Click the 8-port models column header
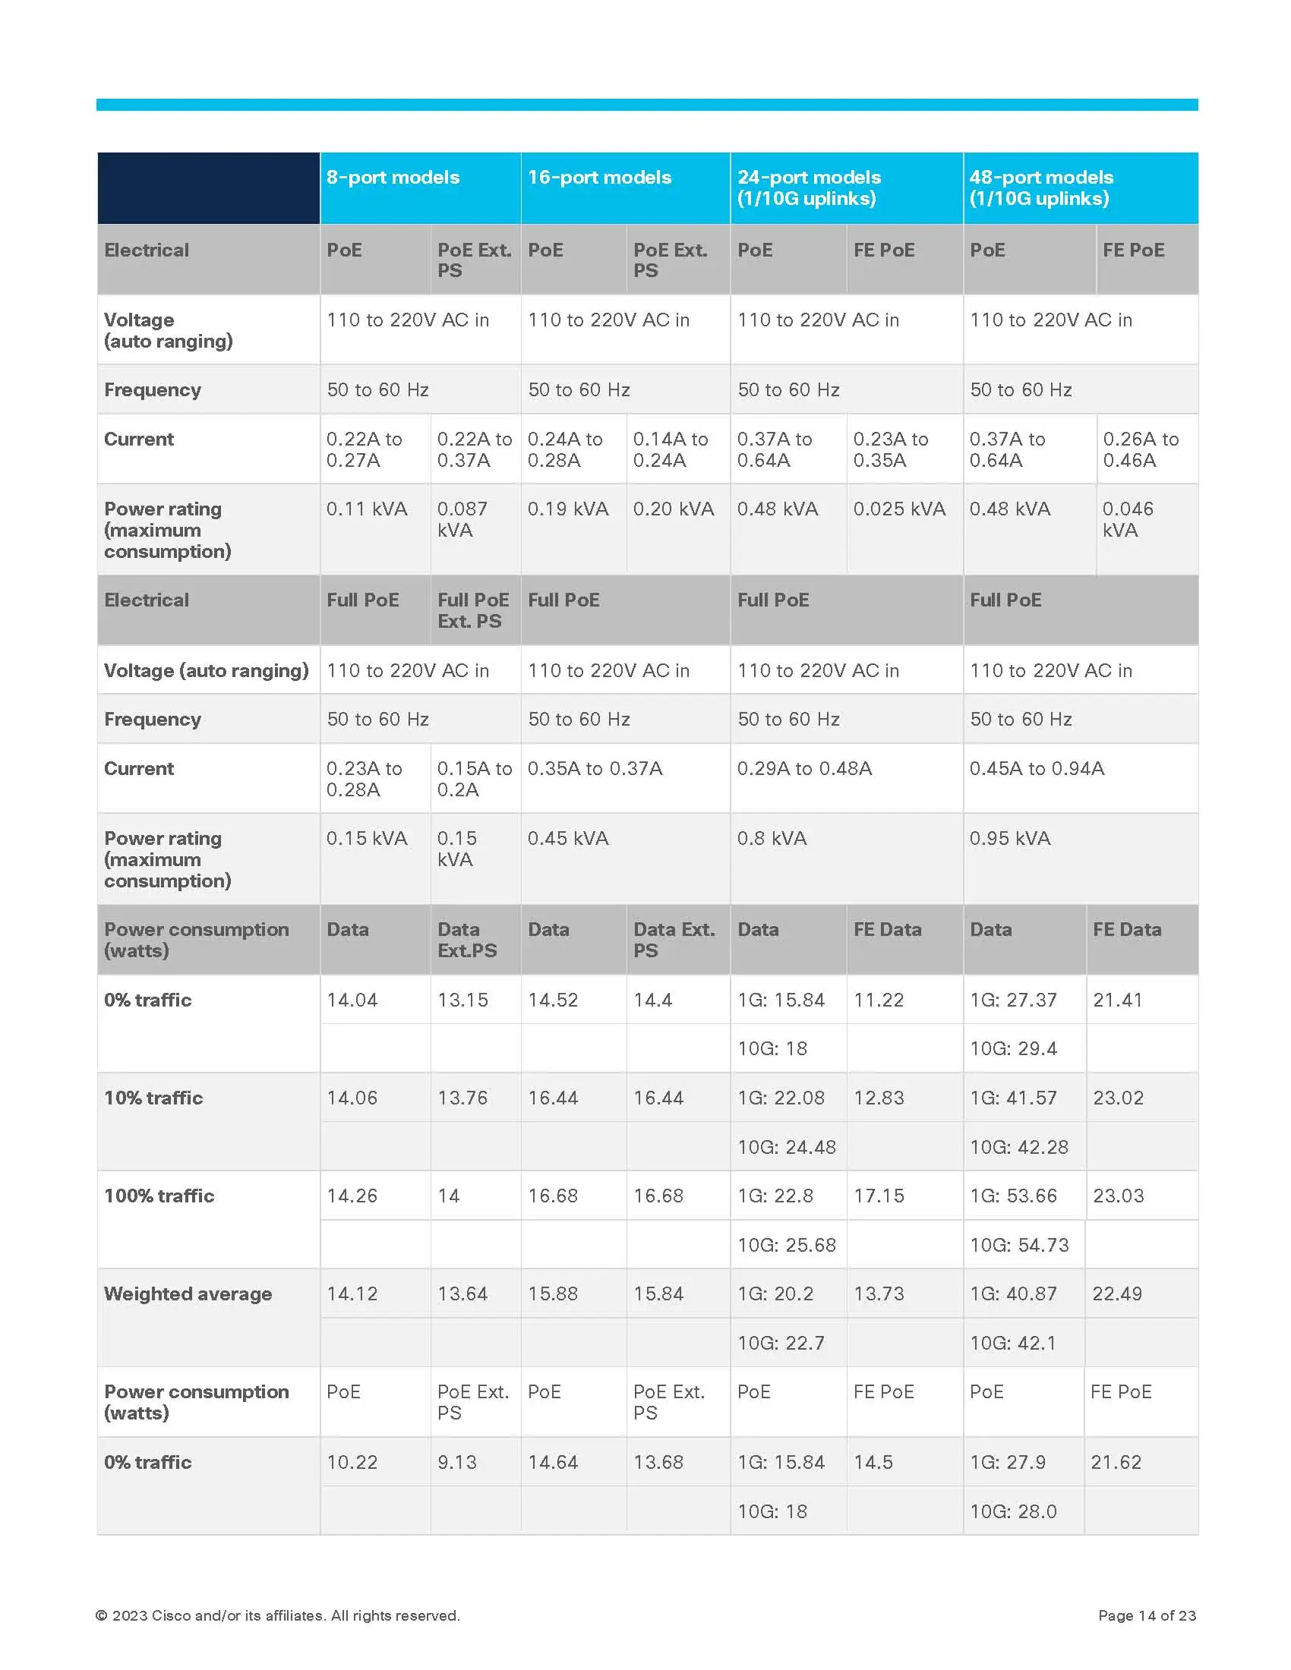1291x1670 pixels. click(x=393, y=178)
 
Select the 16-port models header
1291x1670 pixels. click(x=599, y=178)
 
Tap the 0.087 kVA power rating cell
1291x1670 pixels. click(x=462, y=519)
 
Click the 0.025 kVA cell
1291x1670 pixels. click(x=898, y=509)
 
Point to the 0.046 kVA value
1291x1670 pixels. click(x=1127, y=519)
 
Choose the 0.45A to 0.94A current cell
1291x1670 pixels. click(x=1037, y=768)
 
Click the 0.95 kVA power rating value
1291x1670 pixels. click(x=1009, y=838)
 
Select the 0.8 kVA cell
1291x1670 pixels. click(x=772, y=838)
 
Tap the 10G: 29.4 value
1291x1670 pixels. click(x=1012, y=1048)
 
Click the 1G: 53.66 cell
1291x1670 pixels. click(x=1012, y=1195)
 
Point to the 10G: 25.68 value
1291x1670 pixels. click(x=786, y=1245)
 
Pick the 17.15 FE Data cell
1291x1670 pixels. click(x=878, y=1195)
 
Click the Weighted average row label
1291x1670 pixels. click(x=188, y=1293)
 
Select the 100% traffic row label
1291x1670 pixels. click(x=159, y=1195)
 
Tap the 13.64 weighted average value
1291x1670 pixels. click(x=462, y=1293)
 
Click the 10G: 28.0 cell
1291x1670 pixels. click(x=1012, y=1511)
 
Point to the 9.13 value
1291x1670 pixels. click(x=456, y=1462)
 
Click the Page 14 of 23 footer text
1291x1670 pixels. click(x=1147, y=1615)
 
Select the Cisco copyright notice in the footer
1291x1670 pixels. click(x=277, y=1615)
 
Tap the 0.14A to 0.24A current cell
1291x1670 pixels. click(x=670, y=449)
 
